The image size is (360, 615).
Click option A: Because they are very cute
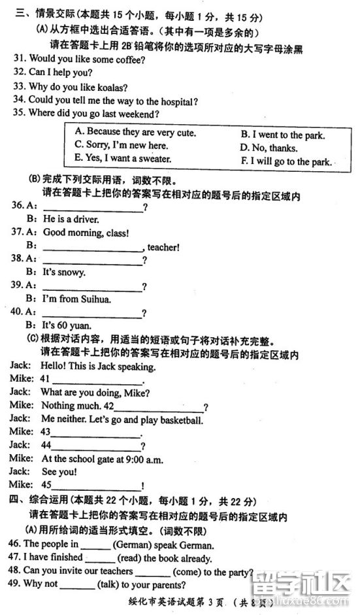135,132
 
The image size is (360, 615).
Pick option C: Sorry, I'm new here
122,145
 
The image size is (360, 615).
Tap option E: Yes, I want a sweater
123,158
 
